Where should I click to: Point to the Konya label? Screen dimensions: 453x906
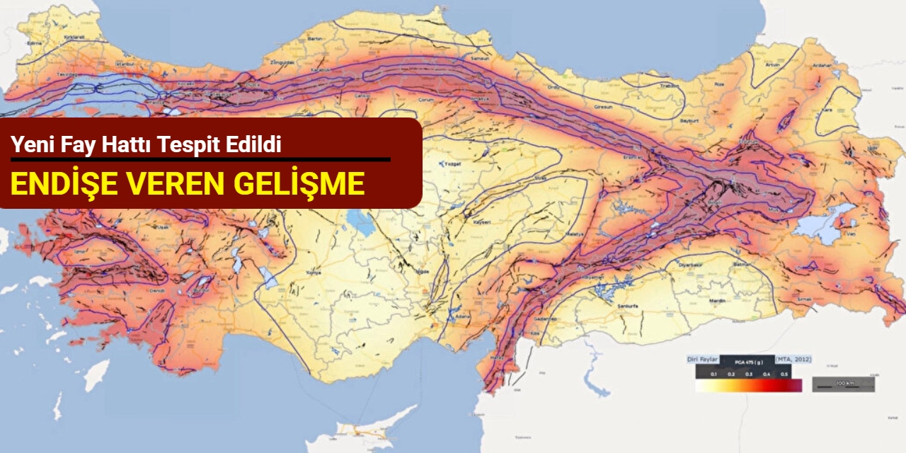click(x=312, y=273)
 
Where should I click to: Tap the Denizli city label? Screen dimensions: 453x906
click(x=157, y=291)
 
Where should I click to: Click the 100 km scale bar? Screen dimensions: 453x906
click(x=842, y=384)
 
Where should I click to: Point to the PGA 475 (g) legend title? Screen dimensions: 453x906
click(x=752, y=362)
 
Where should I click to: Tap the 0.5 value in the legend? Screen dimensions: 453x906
click(x=784, y=373)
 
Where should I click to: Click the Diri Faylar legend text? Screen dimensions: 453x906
click(x=704, y=360)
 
